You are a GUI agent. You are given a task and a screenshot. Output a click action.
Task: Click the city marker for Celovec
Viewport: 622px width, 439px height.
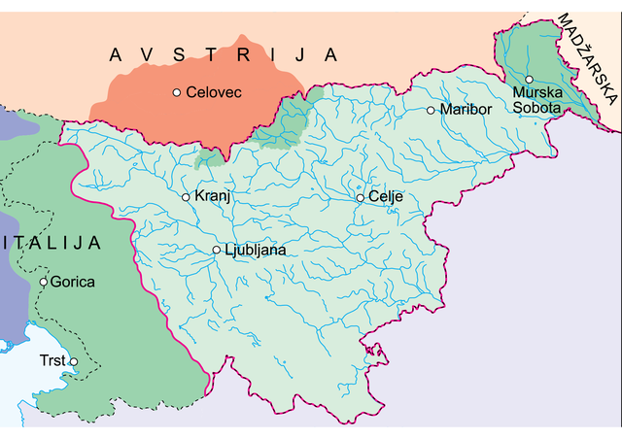[x=176, y=92]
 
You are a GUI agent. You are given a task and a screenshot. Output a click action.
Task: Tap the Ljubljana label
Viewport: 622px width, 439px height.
[x=256, y=251]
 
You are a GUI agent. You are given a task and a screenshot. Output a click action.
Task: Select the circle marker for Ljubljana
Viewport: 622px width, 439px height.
[x=217, y=250]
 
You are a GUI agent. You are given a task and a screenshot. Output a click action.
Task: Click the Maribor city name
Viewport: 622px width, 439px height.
[x=466, y=110]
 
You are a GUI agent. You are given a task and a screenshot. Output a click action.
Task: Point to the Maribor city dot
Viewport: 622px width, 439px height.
[x=432, y=110]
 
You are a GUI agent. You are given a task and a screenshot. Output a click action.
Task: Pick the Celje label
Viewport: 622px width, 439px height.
[x=386, y=197]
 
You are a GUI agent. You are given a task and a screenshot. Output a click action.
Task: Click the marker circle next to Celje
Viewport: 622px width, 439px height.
[x=360, y=197]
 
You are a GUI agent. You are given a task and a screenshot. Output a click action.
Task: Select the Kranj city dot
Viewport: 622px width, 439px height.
[x=186, y=197]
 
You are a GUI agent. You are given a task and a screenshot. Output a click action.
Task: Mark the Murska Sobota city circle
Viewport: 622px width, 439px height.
[x=529, y=79]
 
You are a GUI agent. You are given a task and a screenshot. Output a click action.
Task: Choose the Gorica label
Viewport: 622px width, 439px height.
[x=74, y=282]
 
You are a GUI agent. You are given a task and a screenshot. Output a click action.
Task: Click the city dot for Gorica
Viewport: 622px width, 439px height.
[x=44, y=282]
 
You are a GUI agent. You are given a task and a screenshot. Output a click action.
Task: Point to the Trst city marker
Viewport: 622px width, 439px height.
[x=73, y=361]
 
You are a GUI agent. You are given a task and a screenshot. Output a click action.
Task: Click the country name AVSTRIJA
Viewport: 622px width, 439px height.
[x=223, y=54]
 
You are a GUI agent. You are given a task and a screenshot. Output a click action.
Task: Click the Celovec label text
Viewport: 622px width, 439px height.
[x=213, y=92]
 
